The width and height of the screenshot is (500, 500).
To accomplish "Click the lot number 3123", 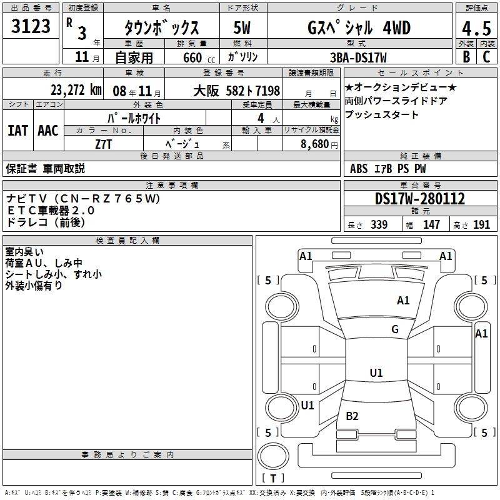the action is pyautogui.click(x=31, y=26).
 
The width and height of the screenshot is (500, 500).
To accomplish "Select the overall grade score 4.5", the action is pyautogui.click(x=476, y=29).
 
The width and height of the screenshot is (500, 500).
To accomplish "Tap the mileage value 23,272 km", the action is pyautogui.click(x=76, y=90).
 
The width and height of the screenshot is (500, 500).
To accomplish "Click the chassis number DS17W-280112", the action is pyautogui.click(x=420, y=198).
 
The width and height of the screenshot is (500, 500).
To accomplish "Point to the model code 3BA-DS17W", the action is pyautogui.click(x=358, y=57).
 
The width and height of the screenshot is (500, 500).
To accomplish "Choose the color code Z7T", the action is pyautogui.click(x=103, y=144).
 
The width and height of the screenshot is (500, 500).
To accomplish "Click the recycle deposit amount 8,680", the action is pyautogui.click(x=315, y=144).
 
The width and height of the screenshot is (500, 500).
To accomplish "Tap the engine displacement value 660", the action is pyautogui.click(x=192, y=57).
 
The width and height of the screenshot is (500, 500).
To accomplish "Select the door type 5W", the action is pyautogui.click(x=242, y=27).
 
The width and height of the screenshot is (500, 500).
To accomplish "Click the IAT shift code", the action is pyautogui.click(x=17, y=131).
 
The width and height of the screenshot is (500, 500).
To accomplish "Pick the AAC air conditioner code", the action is pyautogui.click(x=48, y=131).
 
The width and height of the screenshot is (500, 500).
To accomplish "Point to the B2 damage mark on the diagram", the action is pyautogui.click(x=352, y=416).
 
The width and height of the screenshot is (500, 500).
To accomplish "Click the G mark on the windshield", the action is pyautogui.click(x=395, y=329).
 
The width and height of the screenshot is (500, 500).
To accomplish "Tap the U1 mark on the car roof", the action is pyautogui.click(x=376, y=372).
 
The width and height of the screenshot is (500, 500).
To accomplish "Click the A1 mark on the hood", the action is pyautogui.click(x=403, y=300).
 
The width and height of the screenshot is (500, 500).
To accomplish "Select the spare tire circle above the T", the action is pyautogui.click(x=273, y=456).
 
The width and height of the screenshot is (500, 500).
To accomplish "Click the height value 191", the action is pyautogui.click(x=481, y=224).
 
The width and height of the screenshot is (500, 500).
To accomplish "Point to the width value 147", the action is pyautogui.click(x=431, y=224).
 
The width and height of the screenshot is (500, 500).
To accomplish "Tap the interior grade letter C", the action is pyautogui.click(x=486, y=57).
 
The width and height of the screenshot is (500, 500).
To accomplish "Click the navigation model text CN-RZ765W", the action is pyautogui.click(x=107, y=198).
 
